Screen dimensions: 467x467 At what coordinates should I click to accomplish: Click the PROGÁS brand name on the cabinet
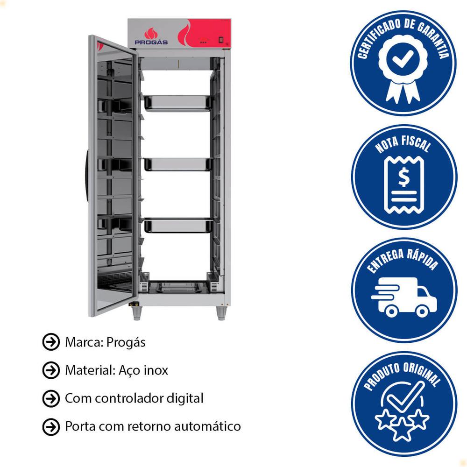tap(151, 42)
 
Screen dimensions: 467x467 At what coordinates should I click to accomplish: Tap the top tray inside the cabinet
tap(178, 103)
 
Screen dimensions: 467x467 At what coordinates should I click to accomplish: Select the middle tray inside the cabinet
tap(178, 164)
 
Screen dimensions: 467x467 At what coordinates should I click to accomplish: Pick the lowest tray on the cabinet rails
tap(178, 226)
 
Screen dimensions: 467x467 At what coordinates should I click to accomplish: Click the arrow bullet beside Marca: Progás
tap(51, 342)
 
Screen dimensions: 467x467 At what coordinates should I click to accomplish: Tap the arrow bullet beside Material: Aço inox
tap(51, 370)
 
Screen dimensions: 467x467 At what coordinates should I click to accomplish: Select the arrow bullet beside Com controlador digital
tap(51, 398)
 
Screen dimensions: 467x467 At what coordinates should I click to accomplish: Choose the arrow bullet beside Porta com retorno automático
tap(51, 427)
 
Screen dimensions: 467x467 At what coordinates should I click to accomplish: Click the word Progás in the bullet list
tap(126, 342)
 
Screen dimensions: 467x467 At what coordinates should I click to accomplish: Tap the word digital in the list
tap(185, 398)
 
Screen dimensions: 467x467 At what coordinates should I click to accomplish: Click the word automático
tap(207, 426)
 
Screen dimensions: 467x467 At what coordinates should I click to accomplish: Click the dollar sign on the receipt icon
tap(404, 177)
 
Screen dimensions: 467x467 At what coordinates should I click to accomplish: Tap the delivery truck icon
tap(404, 297)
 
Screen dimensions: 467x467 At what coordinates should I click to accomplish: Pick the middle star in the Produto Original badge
tap(403, 429)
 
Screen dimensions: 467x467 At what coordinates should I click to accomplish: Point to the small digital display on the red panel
tap(221, 40)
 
